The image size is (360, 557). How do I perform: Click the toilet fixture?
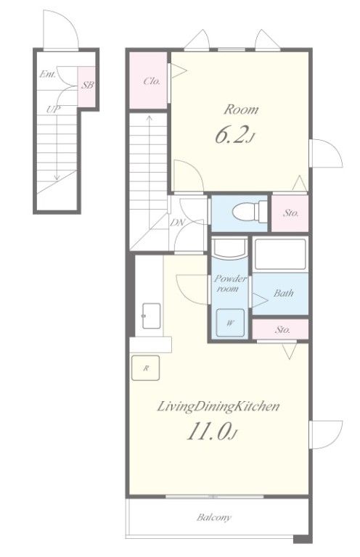pyautogui.click(x=250, y=212)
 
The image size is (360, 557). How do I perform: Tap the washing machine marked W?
pyautogui.click(x=230, y=323)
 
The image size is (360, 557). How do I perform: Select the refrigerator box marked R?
pyautogui.click(x=145, y=368)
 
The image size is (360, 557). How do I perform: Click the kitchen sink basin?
pyautogui.click(x=151, y=315)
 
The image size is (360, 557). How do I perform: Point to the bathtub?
pyautogui.click(x=280, y=254)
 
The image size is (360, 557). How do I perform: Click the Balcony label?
pyautogui.click(x=214, y=517)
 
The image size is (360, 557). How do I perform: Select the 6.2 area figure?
pyautogui.click(x=235, y=135)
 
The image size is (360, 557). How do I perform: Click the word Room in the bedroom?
pyautogui.click(x=241, y=110)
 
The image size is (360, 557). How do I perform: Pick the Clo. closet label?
pyautogui.click(x=152, y=81)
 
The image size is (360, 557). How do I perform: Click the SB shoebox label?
pyautogui.click(x=87, y=86)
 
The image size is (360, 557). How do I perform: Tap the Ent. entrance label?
pyautogui.click(x=48, y=75)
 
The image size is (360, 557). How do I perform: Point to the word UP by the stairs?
pyautogui.click(x=53, y=110)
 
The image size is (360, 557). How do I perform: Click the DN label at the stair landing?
pyautogui.click(x=178, y=223)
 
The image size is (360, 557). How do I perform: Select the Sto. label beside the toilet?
pyautogui.click(x=291, y=213)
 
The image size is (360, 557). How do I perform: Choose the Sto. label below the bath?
pyautogui.click(x=282, y=330)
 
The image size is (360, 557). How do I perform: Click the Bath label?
pyautogui.click(x=284, y=293)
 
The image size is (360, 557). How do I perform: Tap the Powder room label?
pyautogui.click(x=230, y=284)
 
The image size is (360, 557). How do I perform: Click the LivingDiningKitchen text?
pyautogui.click(x=218, y=406)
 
